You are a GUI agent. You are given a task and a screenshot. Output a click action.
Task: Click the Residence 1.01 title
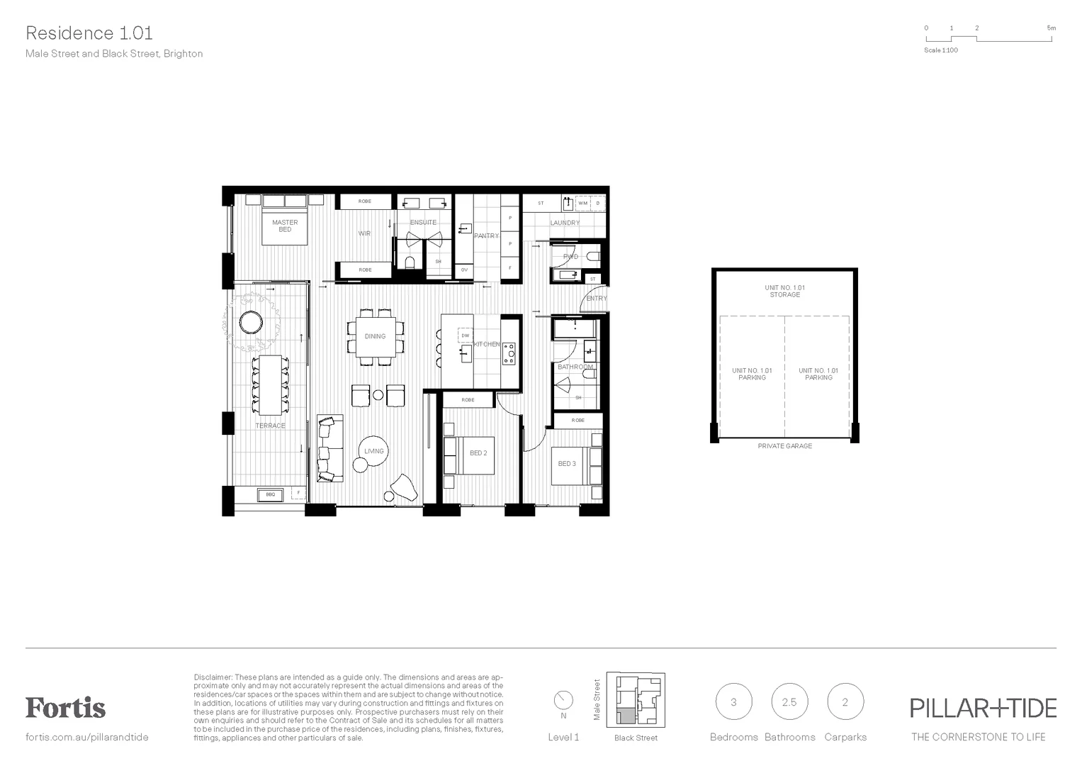click(x=89, y=33)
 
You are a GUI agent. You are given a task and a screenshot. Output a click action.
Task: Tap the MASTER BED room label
click(x=285, y=226)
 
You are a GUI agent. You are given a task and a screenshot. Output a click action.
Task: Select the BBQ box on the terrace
click(x=271, y=494)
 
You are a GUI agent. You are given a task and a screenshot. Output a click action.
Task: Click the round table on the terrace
click(x=251, y=323)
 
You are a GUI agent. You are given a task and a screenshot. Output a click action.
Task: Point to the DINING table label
click(x=375, y=336)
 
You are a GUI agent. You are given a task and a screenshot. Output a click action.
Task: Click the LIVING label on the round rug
click(x=373, y=451)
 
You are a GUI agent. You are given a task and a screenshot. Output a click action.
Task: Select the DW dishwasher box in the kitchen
click(x=466, y=335)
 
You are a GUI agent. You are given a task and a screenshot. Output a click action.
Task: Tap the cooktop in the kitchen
click(x=509, y=353)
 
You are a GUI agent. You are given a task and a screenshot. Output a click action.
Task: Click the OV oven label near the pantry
click(x=464, y=270)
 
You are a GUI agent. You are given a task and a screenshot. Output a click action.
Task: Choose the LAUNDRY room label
click(x=565, y=223)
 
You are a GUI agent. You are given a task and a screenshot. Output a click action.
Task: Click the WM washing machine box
click(x=582, y=203)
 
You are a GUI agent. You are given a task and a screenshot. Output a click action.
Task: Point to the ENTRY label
click(x=597, y=299)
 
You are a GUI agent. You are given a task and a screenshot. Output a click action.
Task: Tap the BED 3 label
click(x=567, y=464)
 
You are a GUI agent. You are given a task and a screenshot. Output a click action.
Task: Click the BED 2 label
click(x=478, y=453)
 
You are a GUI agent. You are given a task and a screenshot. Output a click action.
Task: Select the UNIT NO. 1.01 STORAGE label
click(x=784, y=292)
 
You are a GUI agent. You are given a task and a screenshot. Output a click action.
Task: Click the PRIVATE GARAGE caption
click(x=784, y=446)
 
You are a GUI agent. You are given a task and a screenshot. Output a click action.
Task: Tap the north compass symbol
click(x=563, y=700)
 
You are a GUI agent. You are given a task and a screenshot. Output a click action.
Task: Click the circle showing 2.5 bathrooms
click(x=789, y=702)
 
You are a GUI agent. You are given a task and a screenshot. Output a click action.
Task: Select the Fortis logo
click(x=65, y=707)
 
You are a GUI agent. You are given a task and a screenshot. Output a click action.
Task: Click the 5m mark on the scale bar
click(x=1051, y=28)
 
